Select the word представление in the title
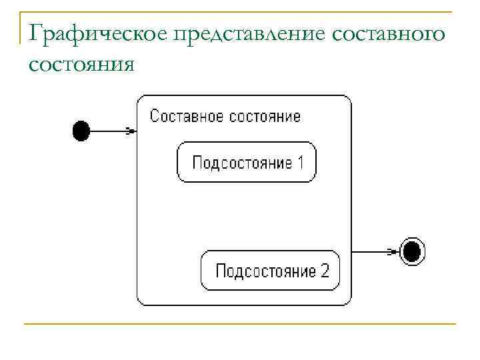click(x=259, y=33)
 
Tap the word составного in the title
click(x=395, y=33)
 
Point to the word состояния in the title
click(x=82, y=65)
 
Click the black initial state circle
click(x=81, y=131)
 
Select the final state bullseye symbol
click(x=413, y=252)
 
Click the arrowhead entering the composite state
click(x=131, y=131)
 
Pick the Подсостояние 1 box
click(x=247, y=162)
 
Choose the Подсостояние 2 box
click(x=271, y=271)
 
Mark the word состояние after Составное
click(x=265, y=117)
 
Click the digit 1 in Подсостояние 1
click(x=300, y=162)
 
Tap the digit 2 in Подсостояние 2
click(x=324, y=271)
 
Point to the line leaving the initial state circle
click(x=107, y=131)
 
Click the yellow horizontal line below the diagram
click(x=240, y=325)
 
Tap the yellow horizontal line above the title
click(x=240, y=12)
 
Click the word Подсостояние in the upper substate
click(x=242, y=162)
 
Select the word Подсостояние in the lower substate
click(x=265, y=271)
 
